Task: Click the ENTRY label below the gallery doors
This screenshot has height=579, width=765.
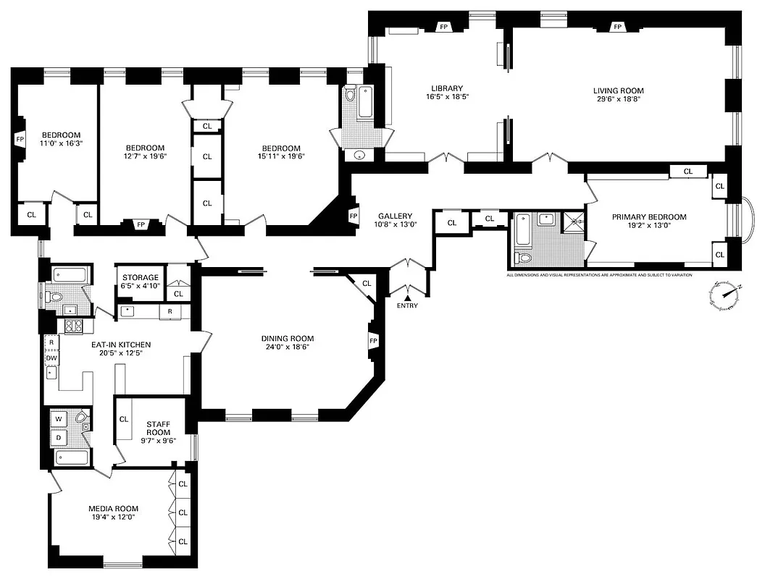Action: coord(407,305)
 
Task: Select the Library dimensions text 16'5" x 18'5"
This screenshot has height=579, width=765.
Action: coord(444,97)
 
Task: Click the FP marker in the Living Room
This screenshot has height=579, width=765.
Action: coord(617,27)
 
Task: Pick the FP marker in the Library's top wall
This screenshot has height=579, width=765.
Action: coord(443,27)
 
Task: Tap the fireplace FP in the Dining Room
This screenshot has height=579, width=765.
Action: coord(374,341)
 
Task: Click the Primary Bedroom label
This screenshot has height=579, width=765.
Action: coord(649,217)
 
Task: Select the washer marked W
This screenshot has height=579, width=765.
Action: coord(57,418)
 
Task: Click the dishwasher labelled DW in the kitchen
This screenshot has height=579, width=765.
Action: coord(51,358)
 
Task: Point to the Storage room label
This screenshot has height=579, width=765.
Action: coord(140,277)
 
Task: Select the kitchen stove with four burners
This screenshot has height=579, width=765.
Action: coord(73,326)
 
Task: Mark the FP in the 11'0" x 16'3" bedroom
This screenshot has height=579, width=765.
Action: coord(20,139)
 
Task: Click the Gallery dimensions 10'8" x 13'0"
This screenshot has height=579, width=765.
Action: coord(395,224)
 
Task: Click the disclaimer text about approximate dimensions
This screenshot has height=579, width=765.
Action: coord(598,275)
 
